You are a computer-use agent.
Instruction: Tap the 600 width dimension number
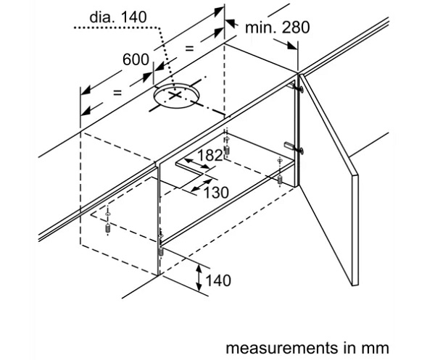pyautogui.click(x=136, y=61)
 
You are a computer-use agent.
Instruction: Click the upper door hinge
pyautogui.click(x=297, y=85)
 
